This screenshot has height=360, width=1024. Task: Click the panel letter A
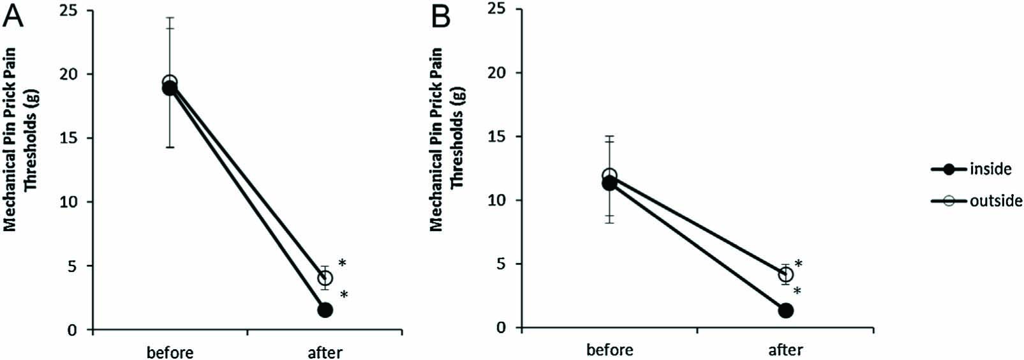click(13, 15)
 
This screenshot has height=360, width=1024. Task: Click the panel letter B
click(441, 17)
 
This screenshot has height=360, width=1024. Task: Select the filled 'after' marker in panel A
click(325, 310)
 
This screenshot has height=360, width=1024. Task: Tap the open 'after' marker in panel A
click(325, 278)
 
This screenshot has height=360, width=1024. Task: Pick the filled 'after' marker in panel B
click(785, 310)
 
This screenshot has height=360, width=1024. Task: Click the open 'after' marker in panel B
click(785, 274)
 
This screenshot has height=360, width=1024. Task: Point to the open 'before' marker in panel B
click(609, 175)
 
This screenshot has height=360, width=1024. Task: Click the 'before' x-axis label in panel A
click(170, 352)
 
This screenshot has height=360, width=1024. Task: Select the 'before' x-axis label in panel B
click(609, 350)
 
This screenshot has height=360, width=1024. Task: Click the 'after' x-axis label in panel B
click(785, 350)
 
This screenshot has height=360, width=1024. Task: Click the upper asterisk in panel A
click(343, 263)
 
